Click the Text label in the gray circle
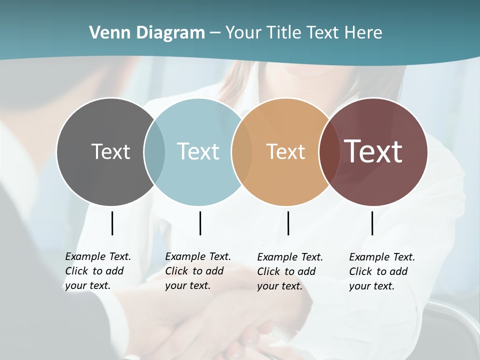coord(110,151)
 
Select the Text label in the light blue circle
coord(198,151)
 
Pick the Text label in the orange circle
coord(285,151)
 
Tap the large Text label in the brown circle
coord(373,151)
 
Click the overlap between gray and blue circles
coord(154,151)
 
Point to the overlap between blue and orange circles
coord(242,151)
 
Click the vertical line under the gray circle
coord(112,223)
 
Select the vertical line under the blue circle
coord(200,223)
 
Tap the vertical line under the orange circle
coord(288,223)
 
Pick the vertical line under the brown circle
coord(372,223)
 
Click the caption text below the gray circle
coord(97,271)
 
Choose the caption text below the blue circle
coord(197,271)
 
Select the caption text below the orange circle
coord(289,271)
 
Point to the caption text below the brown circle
coord(381,271)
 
